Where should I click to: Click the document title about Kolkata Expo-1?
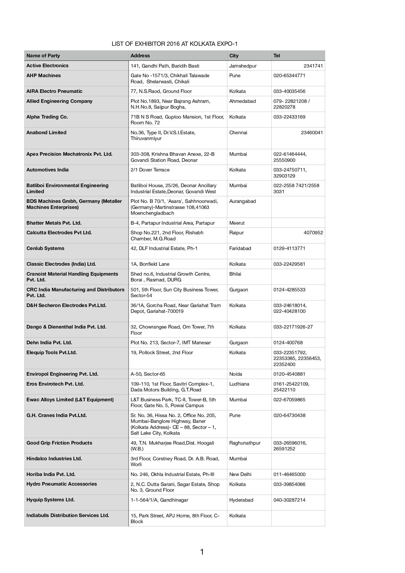[174, 44]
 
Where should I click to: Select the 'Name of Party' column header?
[43, 56]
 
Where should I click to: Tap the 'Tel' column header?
[277, 56]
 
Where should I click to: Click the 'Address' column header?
[140, 56]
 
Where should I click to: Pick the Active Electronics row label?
[47, 66]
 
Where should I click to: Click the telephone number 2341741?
[313, 66]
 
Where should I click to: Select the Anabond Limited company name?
[46, 133]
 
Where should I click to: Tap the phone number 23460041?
[312, 133]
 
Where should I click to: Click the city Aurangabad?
[242, 201]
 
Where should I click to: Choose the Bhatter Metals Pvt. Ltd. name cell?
[54, 223]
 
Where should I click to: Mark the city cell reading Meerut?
[237, 223]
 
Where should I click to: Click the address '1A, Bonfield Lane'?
[150, 264]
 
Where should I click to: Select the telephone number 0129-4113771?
[289, 248]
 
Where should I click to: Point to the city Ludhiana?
[239, 384]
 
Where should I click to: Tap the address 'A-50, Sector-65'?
[148, 374]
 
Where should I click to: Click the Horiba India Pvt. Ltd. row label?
[51, 474]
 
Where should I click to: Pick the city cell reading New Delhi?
[240, 474]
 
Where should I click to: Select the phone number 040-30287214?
[289, 500]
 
